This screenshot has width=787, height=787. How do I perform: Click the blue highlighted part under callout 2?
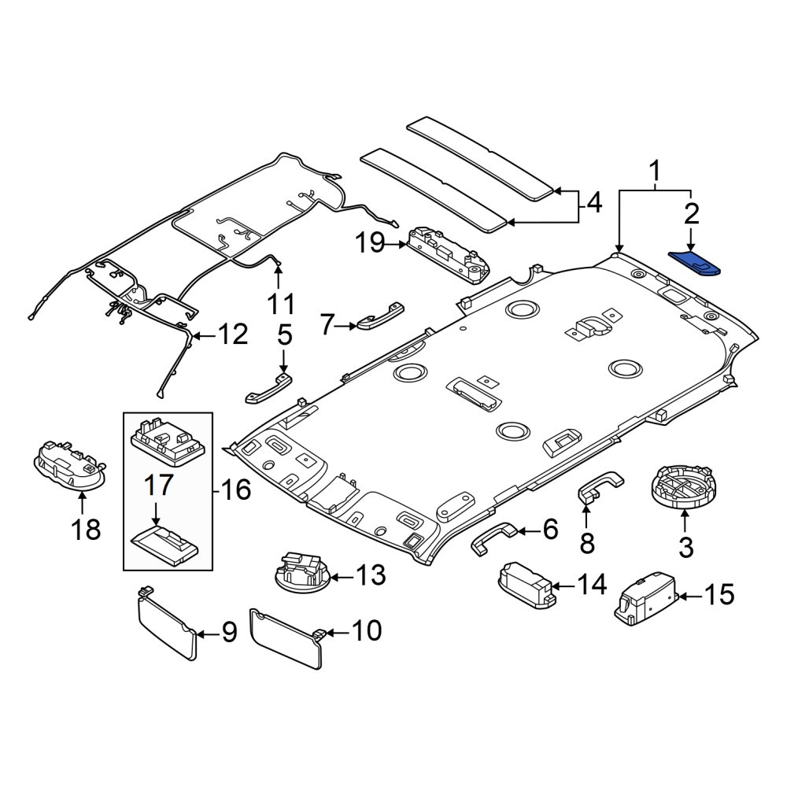(695, 264)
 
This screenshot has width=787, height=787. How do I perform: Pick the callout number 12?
(233, 334)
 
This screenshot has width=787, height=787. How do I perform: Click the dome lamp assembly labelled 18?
(70, 465)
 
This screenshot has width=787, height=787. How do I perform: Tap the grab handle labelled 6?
(494, 538)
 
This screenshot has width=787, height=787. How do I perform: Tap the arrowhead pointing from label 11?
(277, 269)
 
